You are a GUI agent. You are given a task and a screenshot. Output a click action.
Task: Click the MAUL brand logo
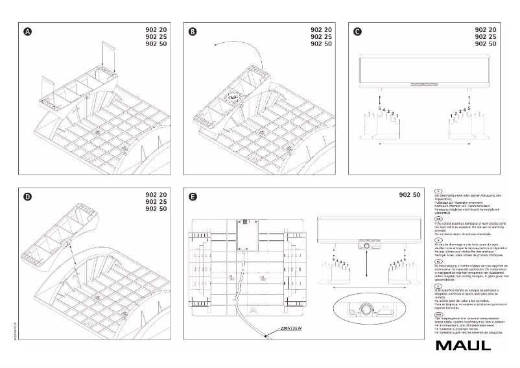[x=464, y=344]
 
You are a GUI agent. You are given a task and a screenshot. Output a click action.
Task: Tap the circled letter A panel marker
[x=27, y=31]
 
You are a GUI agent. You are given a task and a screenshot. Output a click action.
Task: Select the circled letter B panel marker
[x=193, y=31]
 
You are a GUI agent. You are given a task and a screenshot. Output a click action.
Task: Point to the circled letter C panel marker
[x=358, y=31]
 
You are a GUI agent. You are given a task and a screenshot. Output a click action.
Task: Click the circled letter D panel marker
[x=27, y=197]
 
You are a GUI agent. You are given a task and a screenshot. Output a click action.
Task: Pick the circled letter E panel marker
[x=193, y=197]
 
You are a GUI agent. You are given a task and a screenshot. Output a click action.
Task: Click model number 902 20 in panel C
[x=487, y=30]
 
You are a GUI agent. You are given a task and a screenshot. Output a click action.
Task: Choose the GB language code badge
[x=439, y=219]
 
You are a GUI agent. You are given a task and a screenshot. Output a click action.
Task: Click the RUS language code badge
[x=439, y=313]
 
